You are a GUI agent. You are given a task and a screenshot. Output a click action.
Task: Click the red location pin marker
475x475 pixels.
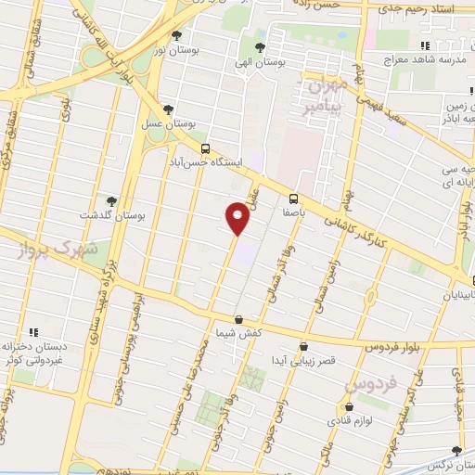(238, 218)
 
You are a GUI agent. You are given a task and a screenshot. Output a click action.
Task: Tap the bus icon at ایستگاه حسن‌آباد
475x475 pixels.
(205, 148)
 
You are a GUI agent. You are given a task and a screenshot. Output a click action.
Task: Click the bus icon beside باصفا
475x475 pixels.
(293, 198)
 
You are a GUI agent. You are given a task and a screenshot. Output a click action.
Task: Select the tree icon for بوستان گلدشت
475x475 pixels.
(111, 200)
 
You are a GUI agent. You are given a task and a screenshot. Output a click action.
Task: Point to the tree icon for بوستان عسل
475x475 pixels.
(168, 109)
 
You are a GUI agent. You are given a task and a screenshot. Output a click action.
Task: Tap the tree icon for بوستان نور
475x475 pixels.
(177, 36)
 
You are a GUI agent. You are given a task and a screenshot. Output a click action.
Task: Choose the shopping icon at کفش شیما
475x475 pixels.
(238, 319)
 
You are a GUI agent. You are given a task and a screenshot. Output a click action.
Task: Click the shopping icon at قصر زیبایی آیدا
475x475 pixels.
(303, 347)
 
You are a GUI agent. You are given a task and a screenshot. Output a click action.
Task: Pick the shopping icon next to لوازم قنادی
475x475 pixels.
(349, 407)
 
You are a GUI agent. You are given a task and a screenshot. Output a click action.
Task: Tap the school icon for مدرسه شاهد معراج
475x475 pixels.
(424, 45)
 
